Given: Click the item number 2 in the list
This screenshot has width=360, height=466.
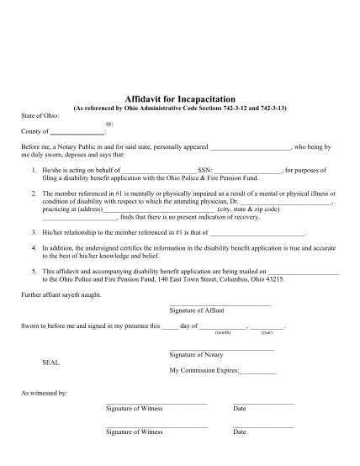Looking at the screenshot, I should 33,193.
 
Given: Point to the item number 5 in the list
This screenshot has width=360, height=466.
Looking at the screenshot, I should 33,272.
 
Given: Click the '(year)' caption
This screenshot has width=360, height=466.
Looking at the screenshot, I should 267,332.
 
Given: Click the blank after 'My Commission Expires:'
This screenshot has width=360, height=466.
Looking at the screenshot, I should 258,370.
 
